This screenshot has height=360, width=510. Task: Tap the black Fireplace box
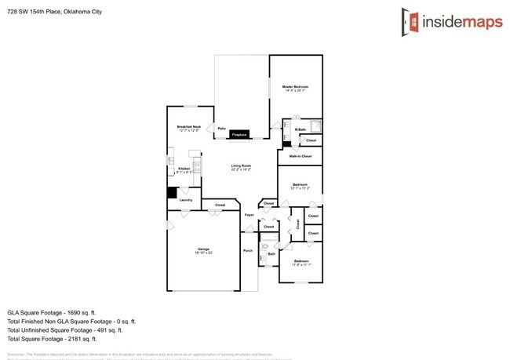click(239, 135)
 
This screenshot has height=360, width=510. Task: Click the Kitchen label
click(184, 169)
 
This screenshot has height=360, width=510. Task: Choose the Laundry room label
click(186, 200)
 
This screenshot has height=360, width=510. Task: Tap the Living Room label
click(241, 166)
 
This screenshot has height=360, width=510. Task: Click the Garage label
click(204, 250)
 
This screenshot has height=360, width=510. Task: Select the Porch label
click(248, 251)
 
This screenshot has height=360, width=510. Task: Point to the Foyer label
click(250, 214)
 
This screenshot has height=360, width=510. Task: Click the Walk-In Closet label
click(301, 156)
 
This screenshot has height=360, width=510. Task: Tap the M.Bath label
click(301, 129)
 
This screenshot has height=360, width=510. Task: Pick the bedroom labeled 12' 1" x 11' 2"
click(301, 186)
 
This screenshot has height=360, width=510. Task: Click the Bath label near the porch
click(271, 253)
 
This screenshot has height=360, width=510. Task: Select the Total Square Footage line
click(52, 339)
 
